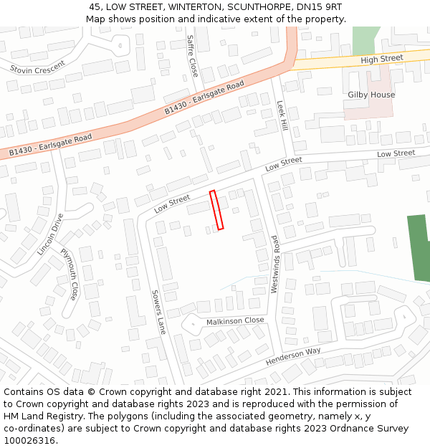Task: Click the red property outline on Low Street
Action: click(216, 209)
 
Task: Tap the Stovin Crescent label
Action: click(37, 67)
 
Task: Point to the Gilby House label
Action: click(371, 95)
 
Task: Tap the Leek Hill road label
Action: click(282, 115)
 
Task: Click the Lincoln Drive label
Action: click(50, 234)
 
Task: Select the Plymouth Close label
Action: click(70, 273)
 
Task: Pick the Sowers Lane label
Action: click(158, 312)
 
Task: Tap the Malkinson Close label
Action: click(235, 321)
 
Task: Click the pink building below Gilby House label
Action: click(368, 108)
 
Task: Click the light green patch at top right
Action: click(366, 40)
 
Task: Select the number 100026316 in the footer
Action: click(29, 440)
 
